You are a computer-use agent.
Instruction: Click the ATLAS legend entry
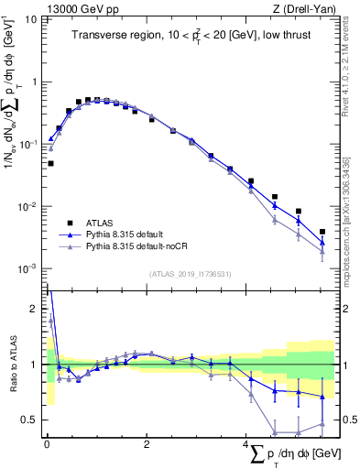click(x=102, y=222)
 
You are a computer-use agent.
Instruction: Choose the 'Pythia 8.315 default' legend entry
click(x=131, y=234)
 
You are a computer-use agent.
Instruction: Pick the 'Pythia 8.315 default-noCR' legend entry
click(x=142, y=247)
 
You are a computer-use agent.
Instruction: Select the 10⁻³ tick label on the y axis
click(x=27, y=268)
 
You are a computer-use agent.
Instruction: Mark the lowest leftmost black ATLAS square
click(x=50, y=163)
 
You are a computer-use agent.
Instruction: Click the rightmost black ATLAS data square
click(x=322, y=232)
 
